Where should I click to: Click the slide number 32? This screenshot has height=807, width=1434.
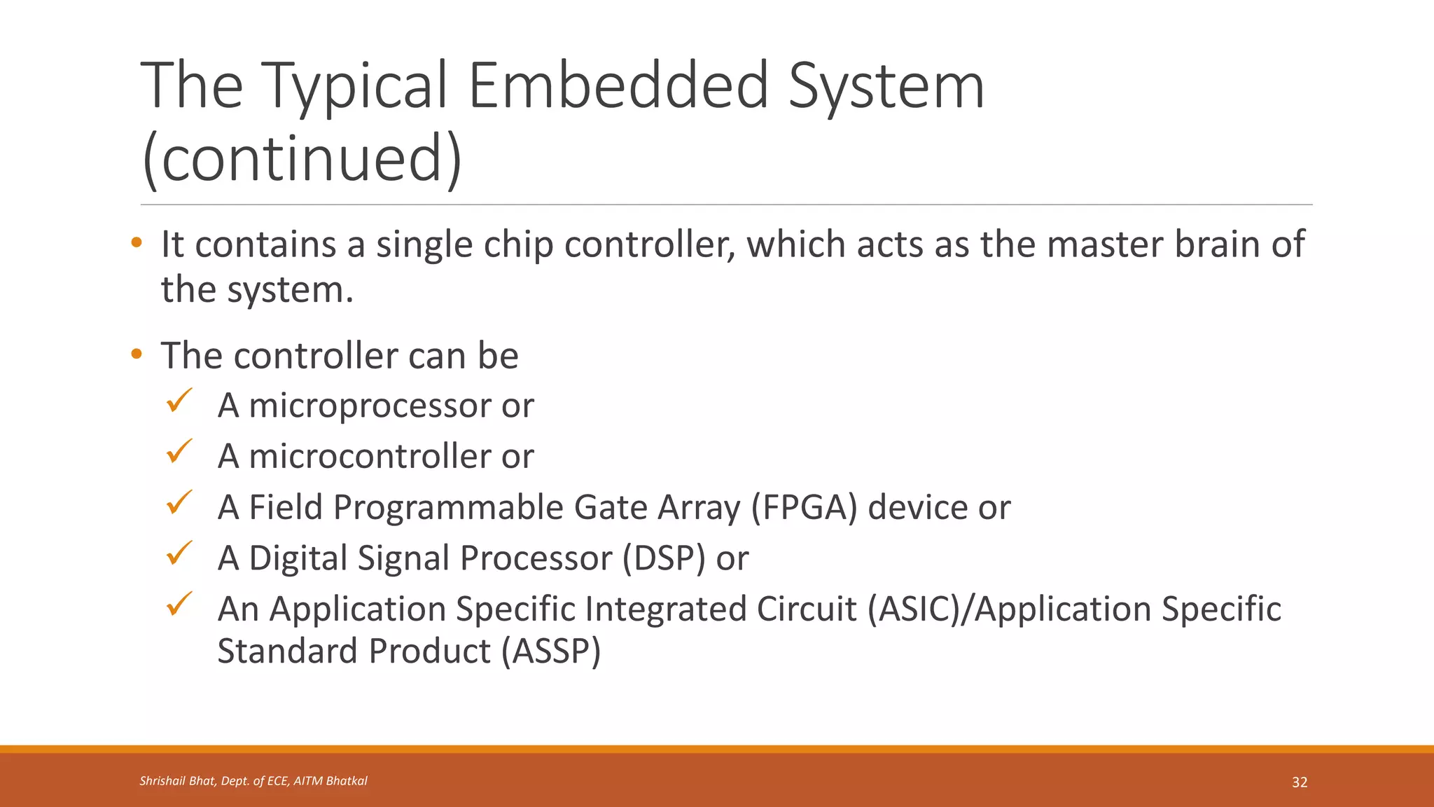pyautogui.click(x=1300, y=782)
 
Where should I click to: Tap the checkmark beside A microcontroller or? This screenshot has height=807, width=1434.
pyautogui.click(x=179, y=452)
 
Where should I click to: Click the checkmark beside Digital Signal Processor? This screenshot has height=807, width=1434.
pyautogui.click(x=179, y=553)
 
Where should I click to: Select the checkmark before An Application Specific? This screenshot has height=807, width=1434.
pyautogui.click(x=179, y=604)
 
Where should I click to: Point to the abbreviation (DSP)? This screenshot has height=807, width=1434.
pyautogui.click(x=664, y=558)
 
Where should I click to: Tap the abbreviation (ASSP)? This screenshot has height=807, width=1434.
pyautogui.click(x=551, y=651)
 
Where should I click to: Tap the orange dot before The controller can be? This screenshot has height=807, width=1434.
pyautogui.click(x=136, y=354)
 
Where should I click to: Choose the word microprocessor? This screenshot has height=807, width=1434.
pyautogui.click(x=370, y=406)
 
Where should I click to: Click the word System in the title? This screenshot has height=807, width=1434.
pyautogui.click(x=886, y=85)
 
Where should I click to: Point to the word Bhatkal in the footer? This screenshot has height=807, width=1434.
pyautogui.click(x=344, y=781)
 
